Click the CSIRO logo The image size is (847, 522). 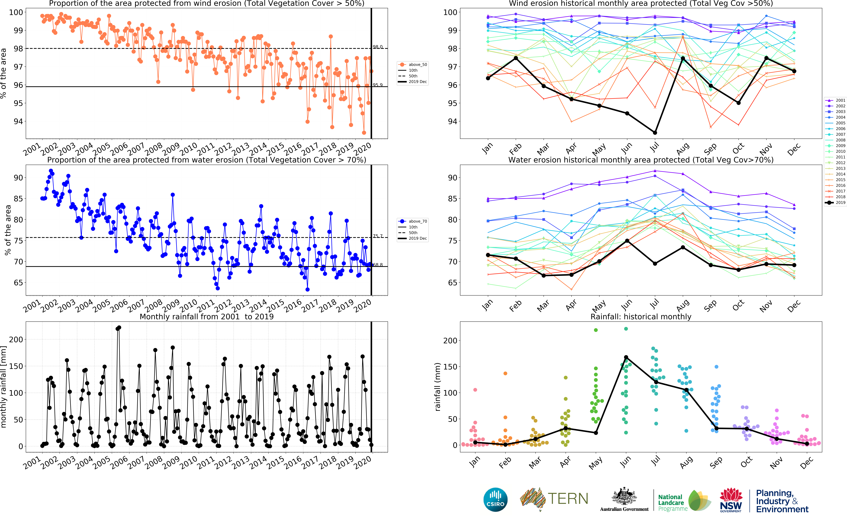(x=495, y=499)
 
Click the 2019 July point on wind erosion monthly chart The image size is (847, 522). (x=655, y=133)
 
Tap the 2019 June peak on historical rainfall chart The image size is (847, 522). (x=626, y=357)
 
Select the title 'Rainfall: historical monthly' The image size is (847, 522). (x=641, y=317)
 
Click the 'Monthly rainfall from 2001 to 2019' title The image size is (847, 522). (x=206, y=317)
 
